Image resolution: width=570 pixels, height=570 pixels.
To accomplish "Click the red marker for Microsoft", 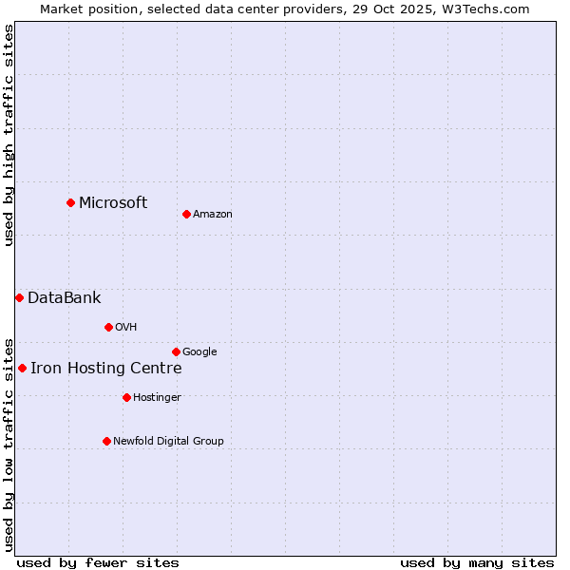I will pos(70,202).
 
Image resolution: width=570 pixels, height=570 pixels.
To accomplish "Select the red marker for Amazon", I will pos(186,214).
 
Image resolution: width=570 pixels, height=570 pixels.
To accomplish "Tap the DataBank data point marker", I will pos(19,297).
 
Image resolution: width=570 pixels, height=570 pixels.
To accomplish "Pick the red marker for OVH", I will pos(108,327).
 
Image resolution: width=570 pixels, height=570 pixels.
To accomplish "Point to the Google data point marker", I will pos(176,351).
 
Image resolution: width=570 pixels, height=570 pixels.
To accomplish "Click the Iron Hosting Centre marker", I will pos(22,368).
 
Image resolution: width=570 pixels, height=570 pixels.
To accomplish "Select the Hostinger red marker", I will pos(126,397).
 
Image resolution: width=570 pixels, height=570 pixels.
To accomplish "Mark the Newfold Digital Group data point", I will pos(106,441).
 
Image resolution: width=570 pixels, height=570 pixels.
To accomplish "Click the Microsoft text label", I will pos(113,202).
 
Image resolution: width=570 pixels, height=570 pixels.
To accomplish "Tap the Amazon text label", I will pos(213,215).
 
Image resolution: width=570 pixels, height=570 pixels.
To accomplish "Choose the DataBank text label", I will pos(64,297).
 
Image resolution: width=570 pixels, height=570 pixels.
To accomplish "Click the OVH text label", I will pos(126,328).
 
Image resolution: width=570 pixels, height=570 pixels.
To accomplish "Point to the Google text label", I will pos(199,352).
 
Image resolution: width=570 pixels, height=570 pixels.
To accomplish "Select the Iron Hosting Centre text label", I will pos(105,369).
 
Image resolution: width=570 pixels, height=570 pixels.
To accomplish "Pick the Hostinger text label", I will pos(157,398).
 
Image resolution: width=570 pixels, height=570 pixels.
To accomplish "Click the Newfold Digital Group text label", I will pos(168,441).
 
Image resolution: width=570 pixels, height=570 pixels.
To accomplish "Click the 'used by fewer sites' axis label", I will pos(98,562).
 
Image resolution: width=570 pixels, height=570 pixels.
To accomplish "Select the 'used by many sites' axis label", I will pos(477,562).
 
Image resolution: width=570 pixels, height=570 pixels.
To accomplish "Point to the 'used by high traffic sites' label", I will pos(9,135).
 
